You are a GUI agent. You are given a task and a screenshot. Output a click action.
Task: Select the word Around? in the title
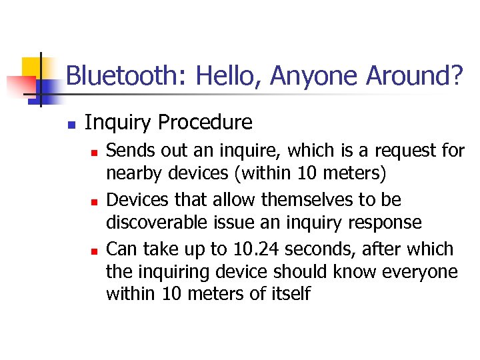pos(413,77)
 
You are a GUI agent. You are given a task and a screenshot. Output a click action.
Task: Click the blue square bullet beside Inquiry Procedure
pos(71,124)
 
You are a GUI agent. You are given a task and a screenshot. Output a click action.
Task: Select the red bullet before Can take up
pos(94,251)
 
